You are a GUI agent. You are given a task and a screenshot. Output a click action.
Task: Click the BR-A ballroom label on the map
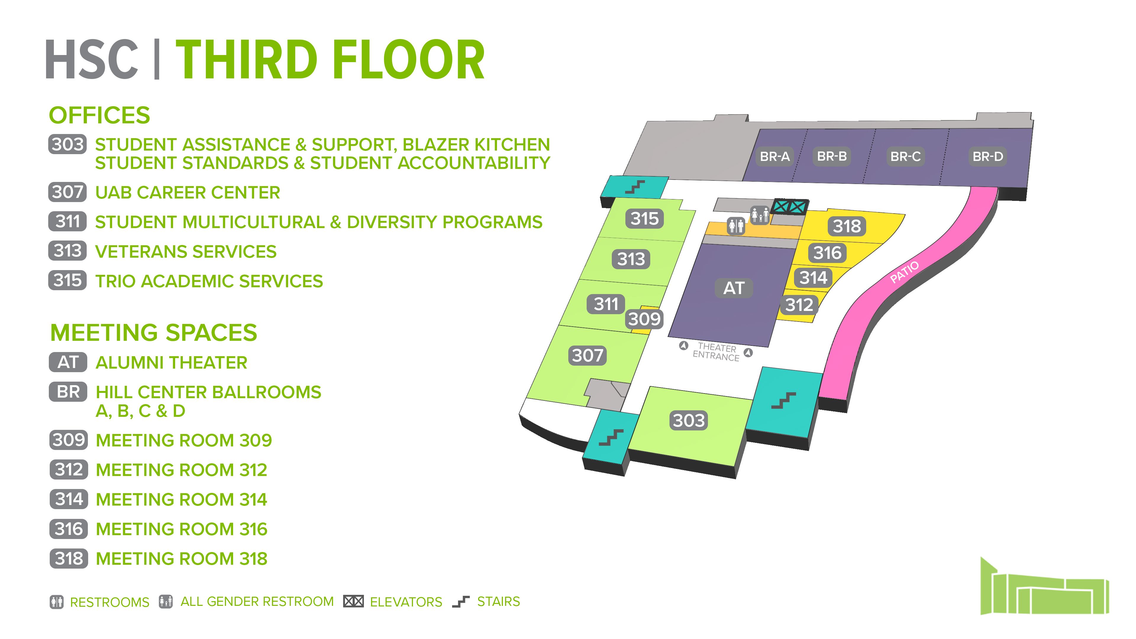(774, 156)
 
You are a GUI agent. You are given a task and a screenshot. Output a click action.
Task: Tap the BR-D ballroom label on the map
(987, 156)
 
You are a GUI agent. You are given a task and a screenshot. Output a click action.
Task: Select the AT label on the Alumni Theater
(733, 288)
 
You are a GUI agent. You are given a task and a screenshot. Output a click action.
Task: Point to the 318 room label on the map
(847, 226)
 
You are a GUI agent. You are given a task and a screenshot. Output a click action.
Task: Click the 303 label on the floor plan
(688, 420)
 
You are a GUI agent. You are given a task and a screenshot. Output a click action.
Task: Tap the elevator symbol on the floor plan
(789, 206)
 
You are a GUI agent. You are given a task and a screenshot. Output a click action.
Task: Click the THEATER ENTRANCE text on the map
(716, 352)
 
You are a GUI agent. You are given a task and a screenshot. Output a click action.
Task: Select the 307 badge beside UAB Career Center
(67, 192)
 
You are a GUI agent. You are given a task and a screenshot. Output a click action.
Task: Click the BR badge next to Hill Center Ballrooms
(68, 392)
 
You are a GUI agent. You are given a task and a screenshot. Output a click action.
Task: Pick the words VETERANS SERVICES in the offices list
(186, 251)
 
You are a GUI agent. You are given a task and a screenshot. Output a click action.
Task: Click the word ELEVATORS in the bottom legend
(406, 602)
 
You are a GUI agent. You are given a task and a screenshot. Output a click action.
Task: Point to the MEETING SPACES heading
(154, 333)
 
